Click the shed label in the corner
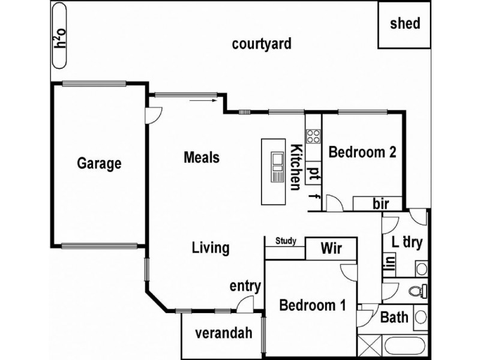405,25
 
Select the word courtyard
262,44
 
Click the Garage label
100,163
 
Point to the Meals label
201,157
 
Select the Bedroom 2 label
362,152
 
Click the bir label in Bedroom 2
380,204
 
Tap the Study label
286,241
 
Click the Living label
211,247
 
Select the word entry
245,286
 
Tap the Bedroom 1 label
313,305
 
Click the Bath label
394,317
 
